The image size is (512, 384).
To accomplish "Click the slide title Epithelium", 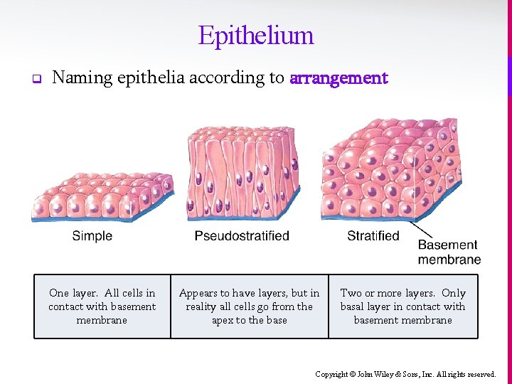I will tap(256, 35).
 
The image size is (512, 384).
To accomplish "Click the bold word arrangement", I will tap(338, 78).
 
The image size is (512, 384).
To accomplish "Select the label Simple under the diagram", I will tap(92, 236).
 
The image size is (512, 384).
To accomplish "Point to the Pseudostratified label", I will tap(242, 236).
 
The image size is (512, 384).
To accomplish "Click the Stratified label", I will tap(373, 235).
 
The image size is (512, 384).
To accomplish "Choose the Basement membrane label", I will tap(449, 252).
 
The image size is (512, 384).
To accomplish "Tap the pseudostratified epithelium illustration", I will tap(242, 174).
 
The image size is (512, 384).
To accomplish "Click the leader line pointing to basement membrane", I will tap(424, 231).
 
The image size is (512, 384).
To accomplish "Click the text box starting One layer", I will tap(102, 306).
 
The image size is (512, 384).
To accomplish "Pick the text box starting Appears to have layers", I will tap(250, 306).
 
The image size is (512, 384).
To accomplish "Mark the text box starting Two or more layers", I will tap(402, 306).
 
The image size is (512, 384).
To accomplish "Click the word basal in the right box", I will tap(353, 306).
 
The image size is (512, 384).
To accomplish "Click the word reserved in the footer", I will tap(481, 374).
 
